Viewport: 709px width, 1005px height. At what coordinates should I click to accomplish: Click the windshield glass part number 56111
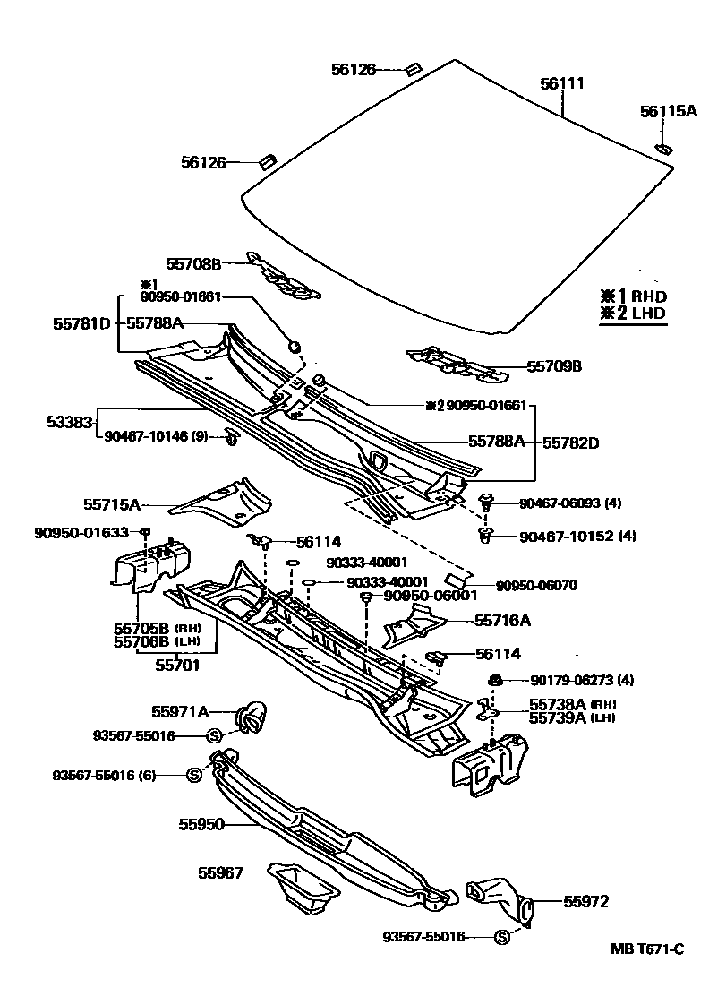tap(562, 84)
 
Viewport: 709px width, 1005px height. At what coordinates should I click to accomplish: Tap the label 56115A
tap(668, 111)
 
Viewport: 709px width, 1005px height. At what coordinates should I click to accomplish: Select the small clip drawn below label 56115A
tap(663, 147)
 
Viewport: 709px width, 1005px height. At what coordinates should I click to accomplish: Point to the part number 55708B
tap(192, 263)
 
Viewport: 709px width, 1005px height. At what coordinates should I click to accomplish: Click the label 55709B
tap(554, 366)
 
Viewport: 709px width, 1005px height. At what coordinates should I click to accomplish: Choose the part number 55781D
tap(81, 322)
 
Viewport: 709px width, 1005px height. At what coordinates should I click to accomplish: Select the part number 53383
tap(71, 419)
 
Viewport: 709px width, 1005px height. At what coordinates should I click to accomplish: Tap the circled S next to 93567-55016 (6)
tap(193, 775)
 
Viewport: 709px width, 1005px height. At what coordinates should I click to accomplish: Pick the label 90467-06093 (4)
tap(570, 503)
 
